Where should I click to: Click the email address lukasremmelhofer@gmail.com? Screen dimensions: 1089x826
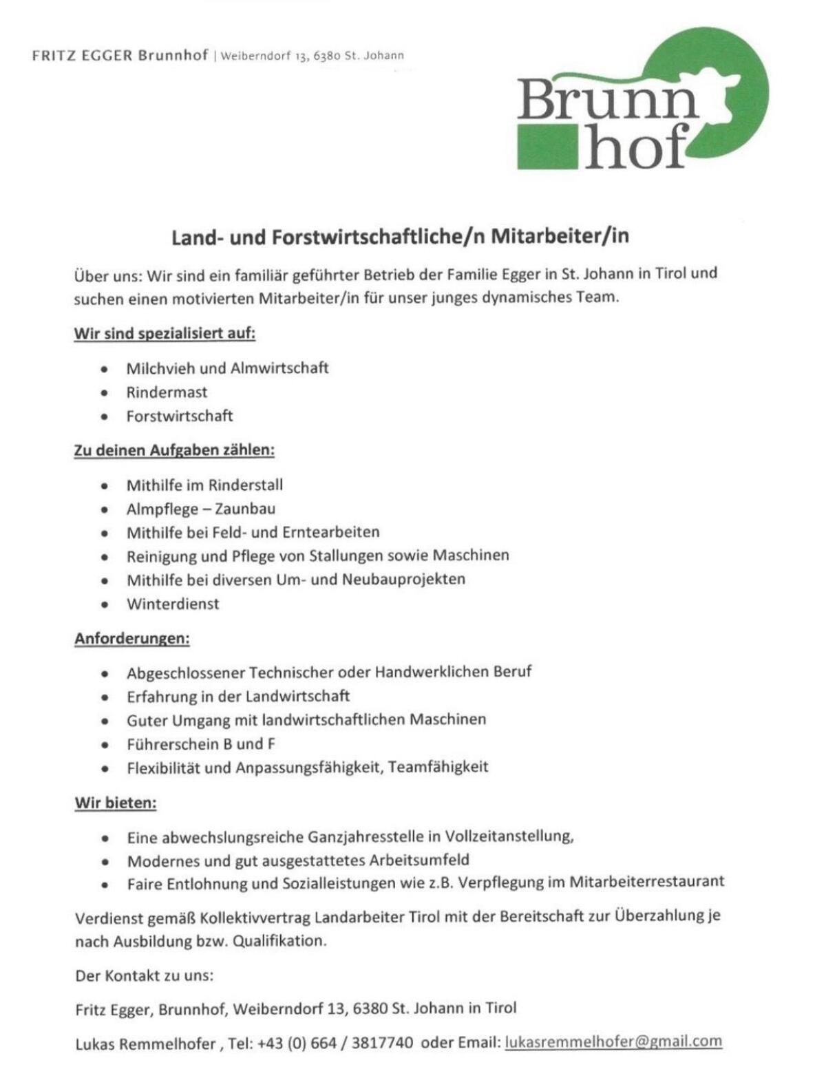tap(613, 1042)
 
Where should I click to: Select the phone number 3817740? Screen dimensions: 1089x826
tap(382, 1043)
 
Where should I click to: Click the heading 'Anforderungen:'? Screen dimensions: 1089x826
tap(132, 638)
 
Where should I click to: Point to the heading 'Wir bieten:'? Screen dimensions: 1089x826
tap(116, 803)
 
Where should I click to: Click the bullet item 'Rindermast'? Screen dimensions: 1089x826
tap(167, 392)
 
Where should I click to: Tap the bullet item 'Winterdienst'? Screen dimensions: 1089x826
tap(173, 604)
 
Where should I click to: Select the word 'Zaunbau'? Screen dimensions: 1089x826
tap(245, 509)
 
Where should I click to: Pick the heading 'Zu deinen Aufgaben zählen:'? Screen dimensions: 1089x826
tap(174, 450)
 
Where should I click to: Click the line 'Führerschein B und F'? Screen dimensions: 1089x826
tap(201, 743)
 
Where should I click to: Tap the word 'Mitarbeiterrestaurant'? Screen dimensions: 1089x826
tap(646, 882)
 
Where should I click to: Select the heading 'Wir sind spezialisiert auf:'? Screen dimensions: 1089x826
tap(165, 334)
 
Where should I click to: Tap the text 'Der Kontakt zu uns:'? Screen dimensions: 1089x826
tap(145, 975)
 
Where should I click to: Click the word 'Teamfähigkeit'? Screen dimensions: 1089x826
tap(438, 767)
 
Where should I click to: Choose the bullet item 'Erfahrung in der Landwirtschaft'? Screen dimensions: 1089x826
tap(238, 697)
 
